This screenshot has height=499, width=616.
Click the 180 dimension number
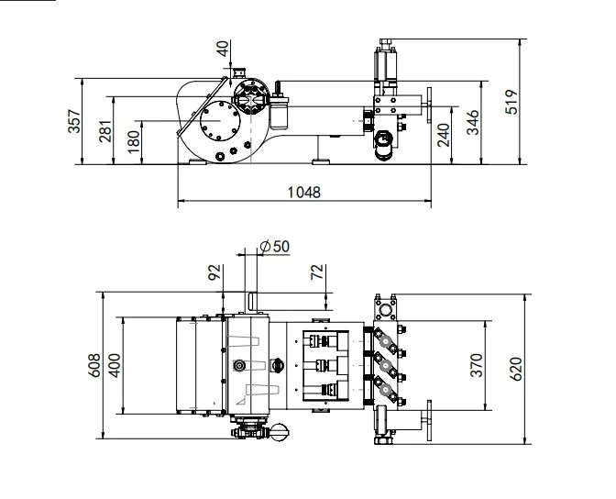coord(135,142)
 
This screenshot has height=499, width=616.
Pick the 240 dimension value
coord(444,134)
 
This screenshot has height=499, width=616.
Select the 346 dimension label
coord(473,121)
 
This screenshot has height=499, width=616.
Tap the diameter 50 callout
coord(274,247)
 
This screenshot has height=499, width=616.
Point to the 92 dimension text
coord(214,272)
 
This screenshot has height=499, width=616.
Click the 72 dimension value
coord(317,272)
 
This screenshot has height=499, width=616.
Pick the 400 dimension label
coord(115,365)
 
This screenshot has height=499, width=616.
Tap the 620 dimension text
coord(515,369)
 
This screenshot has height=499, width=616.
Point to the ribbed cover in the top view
coord(197,364)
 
